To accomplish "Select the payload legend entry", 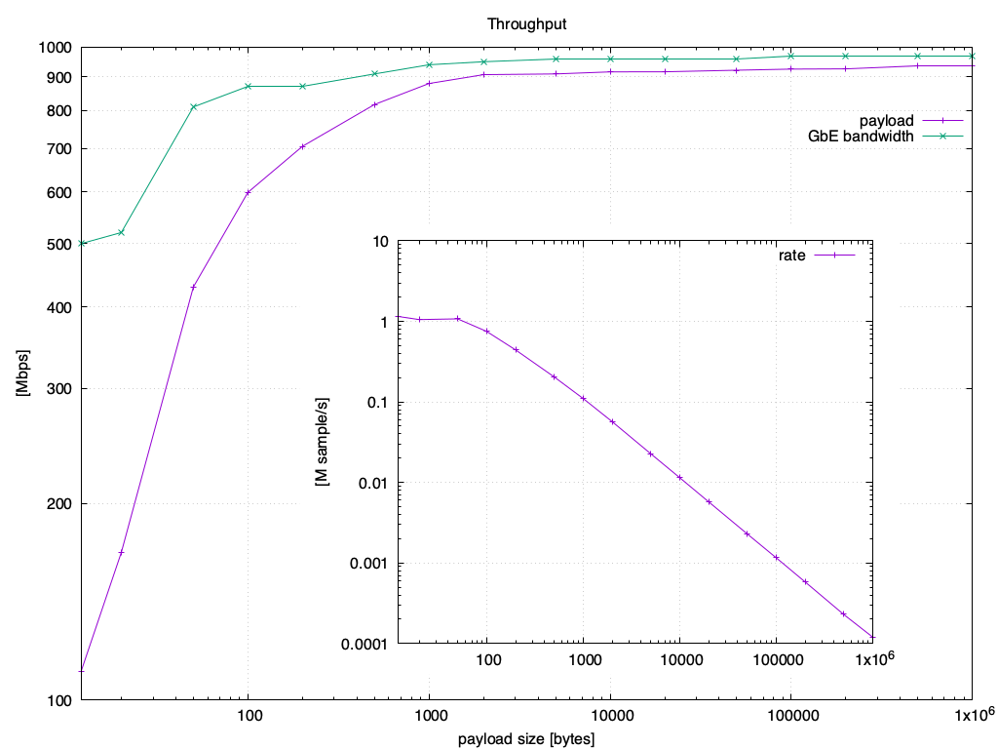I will (886, 120).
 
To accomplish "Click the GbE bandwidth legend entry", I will (861, 137).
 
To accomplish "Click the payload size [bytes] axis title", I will (525, 738).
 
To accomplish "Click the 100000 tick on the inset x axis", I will (776, 659).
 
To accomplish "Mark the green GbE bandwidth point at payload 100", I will (249, 87).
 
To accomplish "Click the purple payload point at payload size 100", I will (249, 192).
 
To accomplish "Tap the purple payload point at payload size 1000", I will (430, 83).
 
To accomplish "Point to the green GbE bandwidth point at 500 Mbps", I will (83, 243).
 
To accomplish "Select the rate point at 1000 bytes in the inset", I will (583, 398).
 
